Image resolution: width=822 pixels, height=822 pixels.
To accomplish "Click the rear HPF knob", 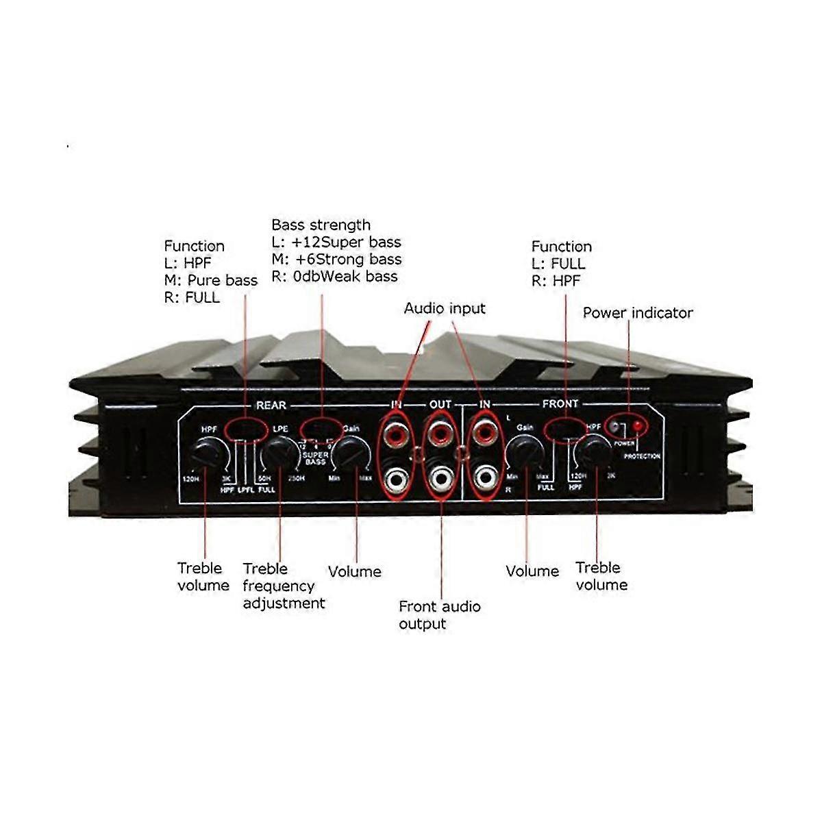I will click(210, 454).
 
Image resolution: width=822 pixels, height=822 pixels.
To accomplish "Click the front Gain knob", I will click(526, 454).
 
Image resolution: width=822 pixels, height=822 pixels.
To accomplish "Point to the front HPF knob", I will click(593, 453).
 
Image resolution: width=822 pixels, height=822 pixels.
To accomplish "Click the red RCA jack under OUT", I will click(439, 434).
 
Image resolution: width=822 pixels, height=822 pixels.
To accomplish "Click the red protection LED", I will click(638, 426).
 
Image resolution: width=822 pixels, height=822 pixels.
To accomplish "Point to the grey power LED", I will click(616, 426).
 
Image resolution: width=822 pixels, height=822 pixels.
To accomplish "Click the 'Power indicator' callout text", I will click(638, 313).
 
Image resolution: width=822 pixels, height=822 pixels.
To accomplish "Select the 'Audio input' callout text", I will click(445, 308).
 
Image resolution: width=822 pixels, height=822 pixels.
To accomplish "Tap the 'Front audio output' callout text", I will click(439, 615).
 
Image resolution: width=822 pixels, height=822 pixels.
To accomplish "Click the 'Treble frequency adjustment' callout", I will click(284, 586).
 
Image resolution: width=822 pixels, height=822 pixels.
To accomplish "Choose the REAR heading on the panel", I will click(271, 406).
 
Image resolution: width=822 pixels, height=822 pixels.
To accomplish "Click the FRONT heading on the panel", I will click(560, 404).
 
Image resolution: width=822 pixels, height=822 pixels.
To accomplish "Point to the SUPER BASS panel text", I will click(316, 458).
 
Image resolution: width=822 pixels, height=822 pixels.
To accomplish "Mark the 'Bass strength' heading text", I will click(321, 225).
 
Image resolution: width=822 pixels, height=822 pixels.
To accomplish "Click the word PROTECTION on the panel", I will click(642, 456).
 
